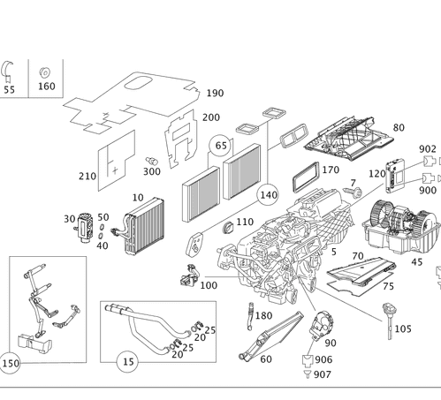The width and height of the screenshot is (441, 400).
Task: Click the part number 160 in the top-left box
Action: tap(46, 87)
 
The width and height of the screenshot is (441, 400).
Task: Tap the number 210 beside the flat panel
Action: tap(87, 177)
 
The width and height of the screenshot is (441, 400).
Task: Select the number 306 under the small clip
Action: tap(152, 171)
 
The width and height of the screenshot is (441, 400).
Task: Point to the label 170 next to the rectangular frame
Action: tap(331, 170)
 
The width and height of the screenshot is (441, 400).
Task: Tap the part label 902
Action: tap(427, 149)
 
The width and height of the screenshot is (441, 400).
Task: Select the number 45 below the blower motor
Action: tap(416, 261)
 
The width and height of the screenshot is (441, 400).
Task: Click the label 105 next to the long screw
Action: tap(402, 328)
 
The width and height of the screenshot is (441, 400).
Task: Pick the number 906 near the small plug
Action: tap(323, 359)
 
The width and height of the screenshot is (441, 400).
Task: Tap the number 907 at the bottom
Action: tap(321, 374)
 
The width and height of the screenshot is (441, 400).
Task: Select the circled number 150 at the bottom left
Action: tap(11, 363)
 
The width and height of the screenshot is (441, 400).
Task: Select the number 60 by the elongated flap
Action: tap(265, 359)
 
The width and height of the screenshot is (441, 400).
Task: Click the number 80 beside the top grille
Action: tap(399, 128)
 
